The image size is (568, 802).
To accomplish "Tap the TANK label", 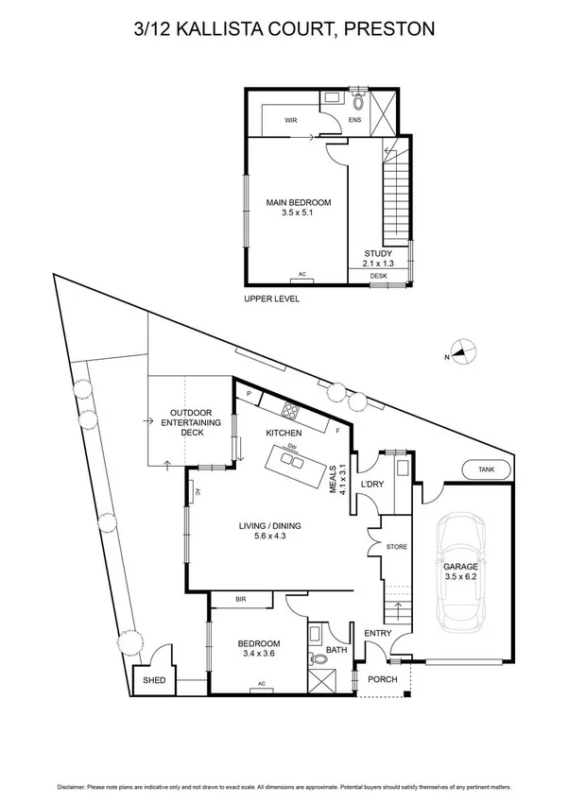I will click(486, 469).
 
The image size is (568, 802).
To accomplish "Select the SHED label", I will click(153, 680).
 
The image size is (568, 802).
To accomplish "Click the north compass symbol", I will click(462, 353).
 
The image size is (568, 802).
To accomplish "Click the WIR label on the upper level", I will click(291, 120).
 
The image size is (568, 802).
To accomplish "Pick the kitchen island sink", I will click(293, 462).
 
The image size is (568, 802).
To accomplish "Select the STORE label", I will click(396, 547).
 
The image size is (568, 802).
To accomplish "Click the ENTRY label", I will click(377, 634).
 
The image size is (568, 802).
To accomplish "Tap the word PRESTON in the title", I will click(389, 28).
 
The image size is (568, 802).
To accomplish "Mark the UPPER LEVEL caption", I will click(271, 299).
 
